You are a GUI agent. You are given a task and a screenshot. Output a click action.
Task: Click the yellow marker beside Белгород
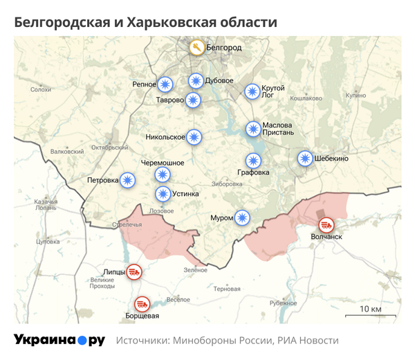(x=197, y=48)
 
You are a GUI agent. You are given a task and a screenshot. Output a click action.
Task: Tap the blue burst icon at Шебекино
(x=304, y=159)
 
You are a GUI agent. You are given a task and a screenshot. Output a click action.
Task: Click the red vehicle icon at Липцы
(x=136, y=272)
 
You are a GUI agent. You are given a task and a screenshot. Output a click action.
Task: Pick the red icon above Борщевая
(x=142, y=303)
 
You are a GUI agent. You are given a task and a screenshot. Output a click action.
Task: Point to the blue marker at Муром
(x=241, y=218)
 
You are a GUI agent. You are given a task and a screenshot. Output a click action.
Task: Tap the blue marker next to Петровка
(x=128, y=181)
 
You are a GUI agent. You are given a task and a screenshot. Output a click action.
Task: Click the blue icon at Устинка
(x=163, y=194)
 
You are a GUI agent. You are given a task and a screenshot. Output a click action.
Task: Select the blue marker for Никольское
(x=195, y=137)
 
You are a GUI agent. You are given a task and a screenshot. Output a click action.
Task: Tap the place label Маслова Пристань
(x=279, y=128)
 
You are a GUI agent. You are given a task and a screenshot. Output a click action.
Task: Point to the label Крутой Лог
(x=273, y=92)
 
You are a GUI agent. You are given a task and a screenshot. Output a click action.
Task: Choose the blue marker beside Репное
(x=165, y=84)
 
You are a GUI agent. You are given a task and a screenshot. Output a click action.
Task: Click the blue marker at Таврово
(x=193, y=100)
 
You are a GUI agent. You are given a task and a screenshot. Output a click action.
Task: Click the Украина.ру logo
(x=59, y=340)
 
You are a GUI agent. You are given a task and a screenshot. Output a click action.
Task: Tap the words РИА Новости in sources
(x=308, y=341)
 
